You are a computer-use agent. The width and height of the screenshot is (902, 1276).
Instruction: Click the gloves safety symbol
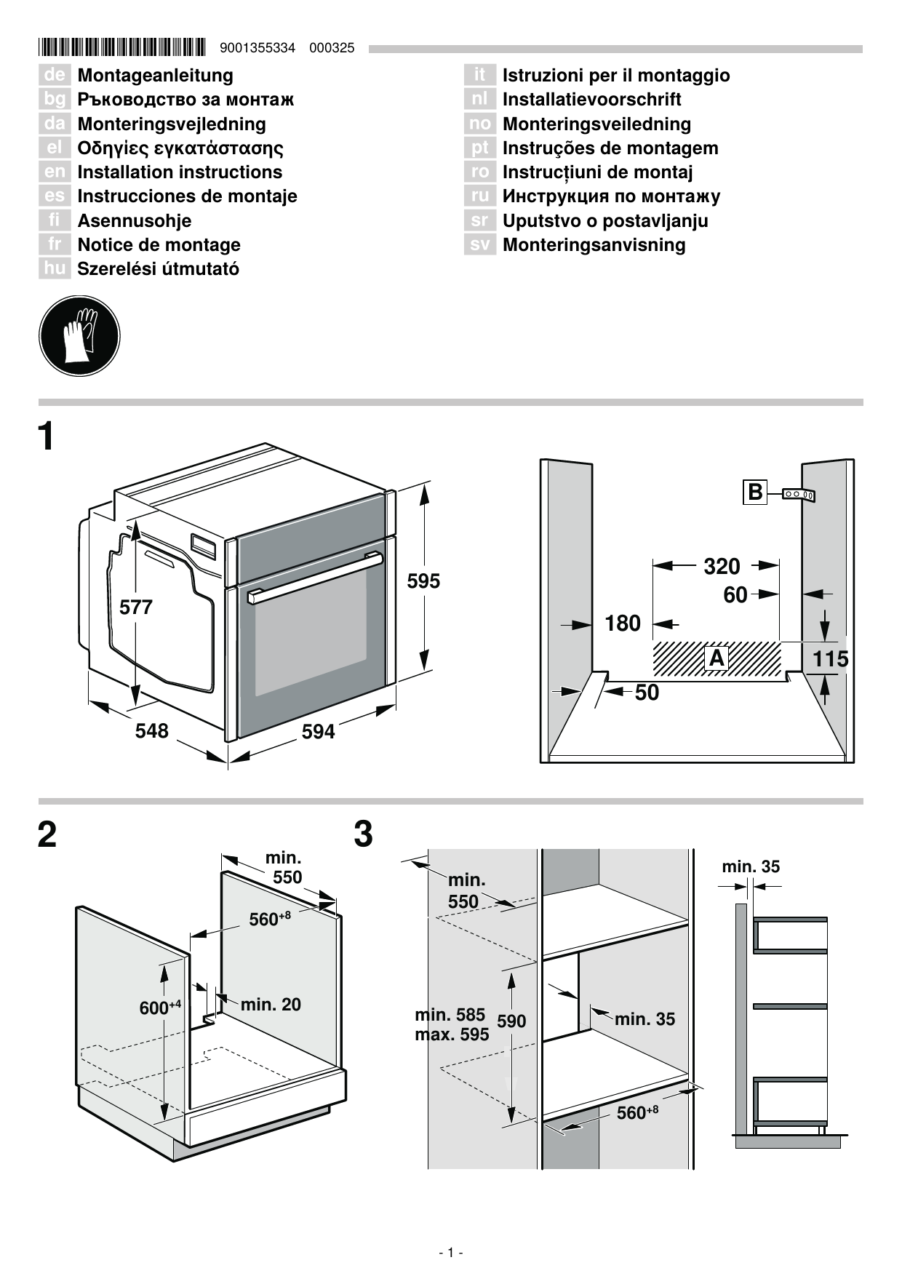(79, 336)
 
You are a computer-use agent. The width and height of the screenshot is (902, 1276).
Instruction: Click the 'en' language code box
(55, 172)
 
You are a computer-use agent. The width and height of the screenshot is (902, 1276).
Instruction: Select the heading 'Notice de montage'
(159, 245)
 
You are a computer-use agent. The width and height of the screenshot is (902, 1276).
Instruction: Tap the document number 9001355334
(257, 48)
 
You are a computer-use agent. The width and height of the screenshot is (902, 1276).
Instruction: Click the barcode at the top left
(122, 48)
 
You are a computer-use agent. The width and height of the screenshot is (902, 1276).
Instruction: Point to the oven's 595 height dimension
(423, 581)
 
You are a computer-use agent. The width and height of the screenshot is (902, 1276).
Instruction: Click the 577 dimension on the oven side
(136, 607)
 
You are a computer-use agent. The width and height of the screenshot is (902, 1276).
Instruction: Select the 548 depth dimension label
(151, 730)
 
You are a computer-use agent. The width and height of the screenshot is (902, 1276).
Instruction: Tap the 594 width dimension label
(318, 732)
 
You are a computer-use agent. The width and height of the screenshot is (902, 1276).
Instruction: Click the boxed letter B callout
(755, 493)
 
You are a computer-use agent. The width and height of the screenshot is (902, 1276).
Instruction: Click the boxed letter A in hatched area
(717, 658)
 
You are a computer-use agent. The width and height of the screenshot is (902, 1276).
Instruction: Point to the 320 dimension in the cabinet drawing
(722, 566)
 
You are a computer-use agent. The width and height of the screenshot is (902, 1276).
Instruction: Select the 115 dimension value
(830, 659)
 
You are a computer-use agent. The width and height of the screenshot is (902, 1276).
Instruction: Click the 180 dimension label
(623, 623)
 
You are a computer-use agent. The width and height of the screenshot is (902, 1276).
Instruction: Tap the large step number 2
(47, 835)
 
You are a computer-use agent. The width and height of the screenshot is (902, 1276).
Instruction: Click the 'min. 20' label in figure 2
(270, 1005)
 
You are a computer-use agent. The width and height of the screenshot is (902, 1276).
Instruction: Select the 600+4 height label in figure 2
(159, 1008)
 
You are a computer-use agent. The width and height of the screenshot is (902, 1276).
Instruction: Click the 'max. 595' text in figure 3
(452, 1034)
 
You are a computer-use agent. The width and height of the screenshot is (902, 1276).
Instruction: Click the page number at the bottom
(451, 1253)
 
